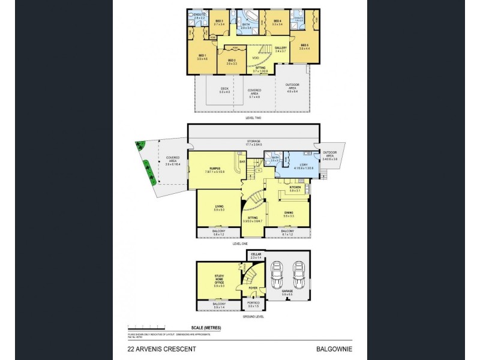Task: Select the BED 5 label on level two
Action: click(x=304, y=46)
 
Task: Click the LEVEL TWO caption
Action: click(x=254, y=118)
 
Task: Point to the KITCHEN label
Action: click(x=295, y=187)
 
